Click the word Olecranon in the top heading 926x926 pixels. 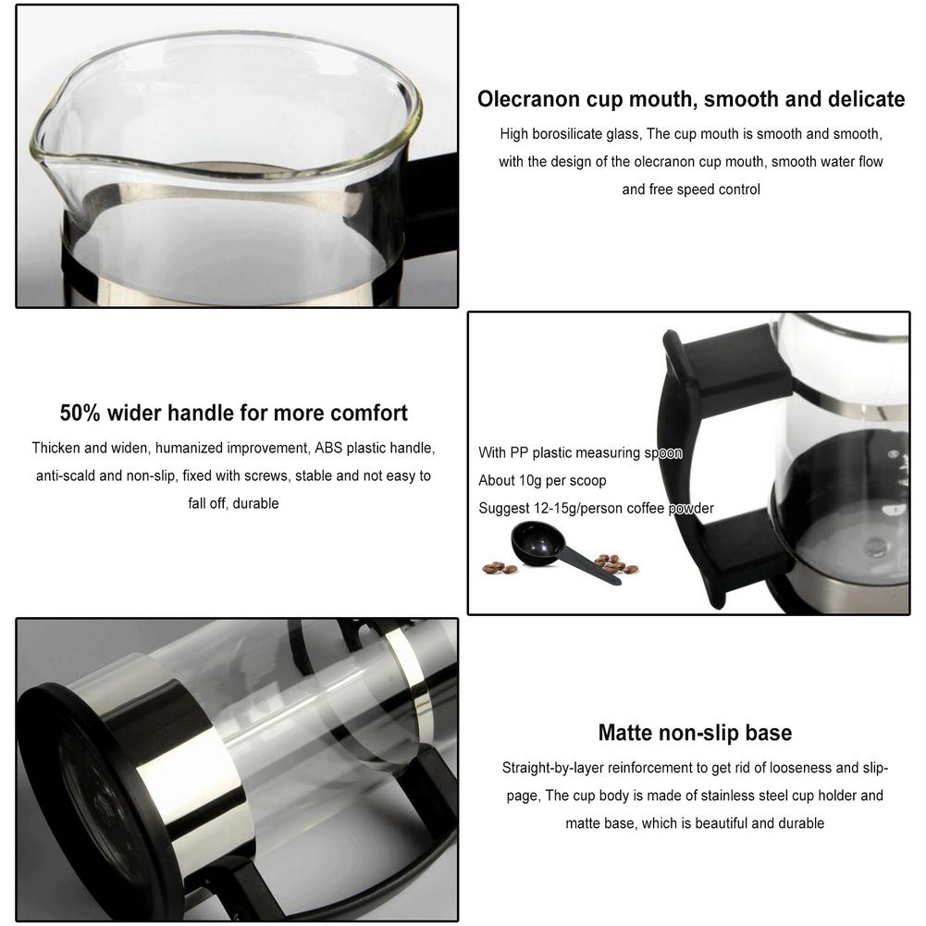point(528,99)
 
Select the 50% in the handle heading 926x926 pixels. point(80,413)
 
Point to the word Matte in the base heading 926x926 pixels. point(625,733)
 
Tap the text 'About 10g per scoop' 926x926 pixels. point(542,481)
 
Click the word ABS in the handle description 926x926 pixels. point(328,449)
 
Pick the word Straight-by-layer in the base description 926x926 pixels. point(552,768)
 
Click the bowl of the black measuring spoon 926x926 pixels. point(536,543)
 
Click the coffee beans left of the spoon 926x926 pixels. point(500,567)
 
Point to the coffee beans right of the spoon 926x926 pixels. point(615,563)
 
